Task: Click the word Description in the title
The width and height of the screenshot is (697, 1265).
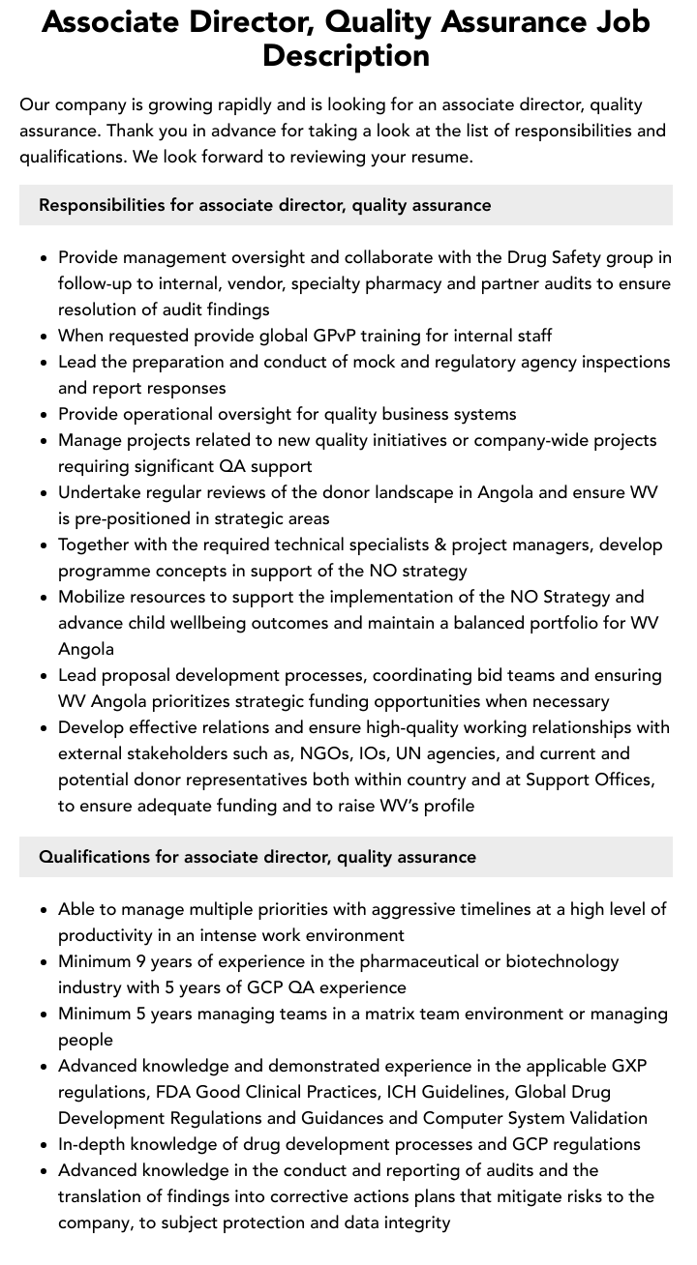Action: tap(346, 55)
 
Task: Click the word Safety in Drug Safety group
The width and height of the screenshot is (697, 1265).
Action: tap(581, 257)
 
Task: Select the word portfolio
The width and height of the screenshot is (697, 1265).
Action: tap(574, 623)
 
